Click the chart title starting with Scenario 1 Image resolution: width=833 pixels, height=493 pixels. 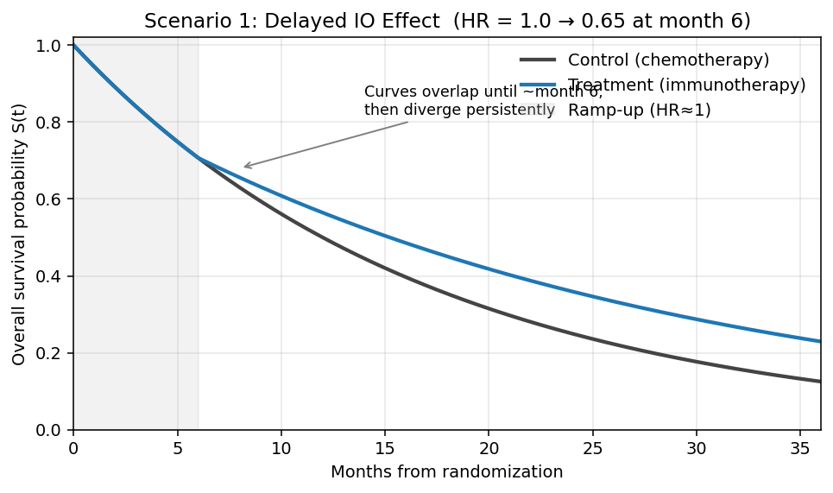click(446, 20)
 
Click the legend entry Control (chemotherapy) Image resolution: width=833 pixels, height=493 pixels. click(668, 60)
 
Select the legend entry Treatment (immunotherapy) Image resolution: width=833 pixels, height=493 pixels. click(686, 85)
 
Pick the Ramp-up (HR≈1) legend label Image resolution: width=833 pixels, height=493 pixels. click(639, 111)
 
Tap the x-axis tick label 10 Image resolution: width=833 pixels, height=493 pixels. click(281, 448)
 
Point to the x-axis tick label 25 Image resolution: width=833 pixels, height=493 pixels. click(592, 448)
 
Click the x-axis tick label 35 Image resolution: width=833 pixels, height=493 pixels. click(799, 448)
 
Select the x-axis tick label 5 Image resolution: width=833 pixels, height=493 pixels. click(177, 448)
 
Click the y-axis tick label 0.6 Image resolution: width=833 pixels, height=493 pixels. click(52, 199)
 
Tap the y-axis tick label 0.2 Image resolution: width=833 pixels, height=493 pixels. click(52, 353)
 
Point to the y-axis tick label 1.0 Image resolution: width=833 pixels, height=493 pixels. click(52, 46)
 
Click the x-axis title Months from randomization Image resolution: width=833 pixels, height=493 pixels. click(446, 472)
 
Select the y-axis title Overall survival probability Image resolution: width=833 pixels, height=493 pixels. click(19, 234)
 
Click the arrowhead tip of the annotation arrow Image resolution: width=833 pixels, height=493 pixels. click(243, 167)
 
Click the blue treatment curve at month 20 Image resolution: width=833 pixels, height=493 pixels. click(489, 269)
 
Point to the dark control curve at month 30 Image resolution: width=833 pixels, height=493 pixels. click(696, 361)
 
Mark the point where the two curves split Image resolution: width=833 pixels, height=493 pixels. click(199, 158)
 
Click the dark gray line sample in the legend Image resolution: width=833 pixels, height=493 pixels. click(537, 60)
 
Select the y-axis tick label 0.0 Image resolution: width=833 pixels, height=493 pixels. click(52, 430)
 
